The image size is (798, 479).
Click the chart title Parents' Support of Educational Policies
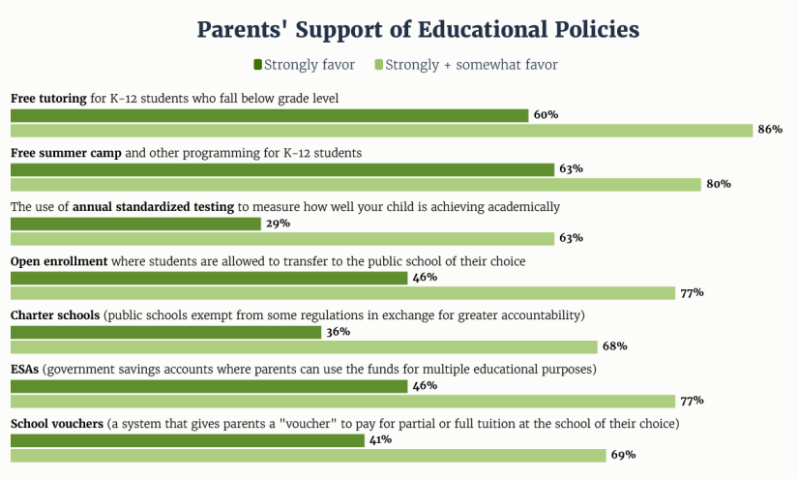tap(418, 29)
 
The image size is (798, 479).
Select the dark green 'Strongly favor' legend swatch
tap(257, 65)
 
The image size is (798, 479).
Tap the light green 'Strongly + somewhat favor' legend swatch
tap(378, 65)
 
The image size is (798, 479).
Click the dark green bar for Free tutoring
tap(269, 115)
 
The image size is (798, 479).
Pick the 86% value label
tap(770, 131)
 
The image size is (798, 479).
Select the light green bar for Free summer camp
tap(355, 185)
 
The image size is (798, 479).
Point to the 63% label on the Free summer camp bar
tap(570, 169)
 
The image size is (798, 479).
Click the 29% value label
tap(278, 224)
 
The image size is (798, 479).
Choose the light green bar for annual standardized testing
tap(281, 239)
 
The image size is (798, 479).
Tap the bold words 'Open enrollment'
tap(59, 261)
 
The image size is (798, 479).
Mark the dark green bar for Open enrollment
tap(209, 278)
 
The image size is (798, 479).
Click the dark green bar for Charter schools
tap(165, 332)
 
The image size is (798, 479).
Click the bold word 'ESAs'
tap(24, 370)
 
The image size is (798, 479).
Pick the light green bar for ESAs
tap(342, 401)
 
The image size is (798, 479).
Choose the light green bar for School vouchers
tap(308, 455)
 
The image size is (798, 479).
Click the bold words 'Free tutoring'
tap(49, 99)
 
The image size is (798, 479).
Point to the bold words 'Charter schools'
tap(55, 315)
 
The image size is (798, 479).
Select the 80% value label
tap(718, 184)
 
